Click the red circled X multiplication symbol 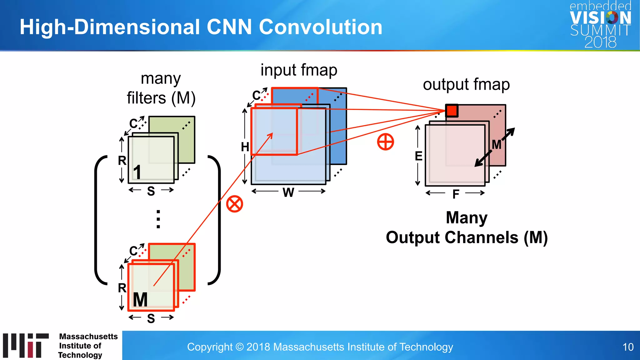pos(234,204)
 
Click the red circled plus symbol pos(385,142)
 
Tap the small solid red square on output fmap pos(452,111)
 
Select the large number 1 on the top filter pos(137,172)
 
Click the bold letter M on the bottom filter pos(140,300)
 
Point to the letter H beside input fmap pos(245,147)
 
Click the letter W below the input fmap pos(288,192)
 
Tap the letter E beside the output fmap pos(418,156)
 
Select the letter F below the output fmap pos(456,194)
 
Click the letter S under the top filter pos(151,191)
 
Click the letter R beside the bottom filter pos(122,288)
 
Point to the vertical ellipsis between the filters pos(158,219)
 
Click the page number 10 pos(628,347)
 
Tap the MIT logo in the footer pos(26,345)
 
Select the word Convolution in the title pos(321,27)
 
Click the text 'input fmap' pos(299,70)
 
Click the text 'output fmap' pos(466,84)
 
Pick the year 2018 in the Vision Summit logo pos(600,42)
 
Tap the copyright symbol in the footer pos(239,347)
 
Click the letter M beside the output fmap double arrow pos(496,145)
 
